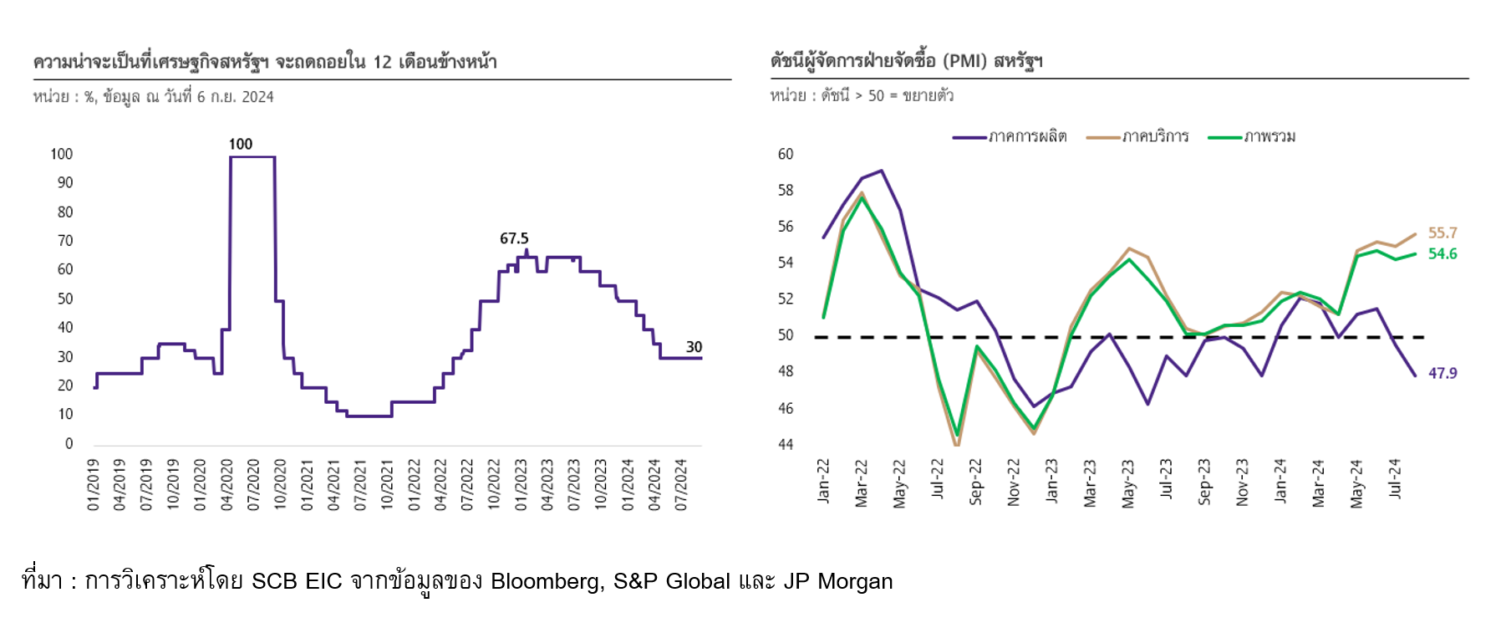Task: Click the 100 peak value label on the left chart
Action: pyautogui.click(x=241, y=144)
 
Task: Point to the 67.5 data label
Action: pyautogui.click(x=514, y=238)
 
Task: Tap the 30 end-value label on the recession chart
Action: pyautogui.click(x=694, y=346)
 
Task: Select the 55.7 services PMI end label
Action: pyautogui.click(x=1442, y=232)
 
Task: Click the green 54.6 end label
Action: pyautogui.click(x=1442, y=253)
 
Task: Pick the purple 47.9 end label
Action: pyautogui.click(x=1442, y=373)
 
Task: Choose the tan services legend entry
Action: pyautogui.click(x=1137, y=136)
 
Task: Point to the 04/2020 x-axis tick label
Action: pyautogui.click(x=226, y=484)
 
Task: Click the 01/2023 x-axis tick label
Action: pyautogui.click(x=521, y=484)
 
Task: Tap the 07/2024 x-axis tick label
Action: pyautogui.click(x=681, y=484)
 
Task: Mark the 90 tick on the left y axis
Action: pyautogui.click(x=65, y=182)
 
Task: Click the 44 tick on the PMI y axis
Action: pyautogui.click(x=786, y=444)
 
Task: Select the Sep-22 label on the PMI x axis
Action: pyautogui.click(x=975, y=481)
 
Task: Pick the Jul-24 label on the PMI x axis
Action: pyautogui.click(x=1395, y=478)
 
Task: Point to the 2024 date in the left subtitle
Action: pyautogui.click(x=257, y=97)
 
